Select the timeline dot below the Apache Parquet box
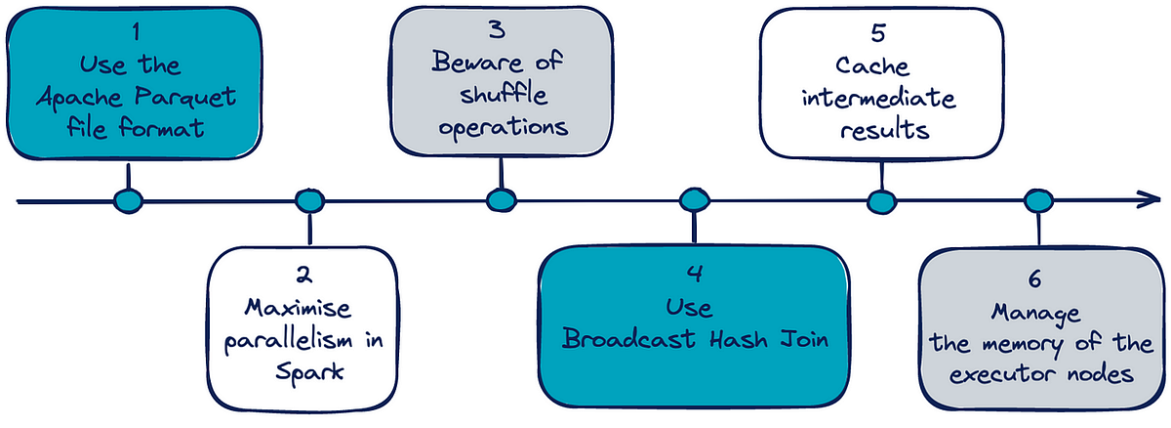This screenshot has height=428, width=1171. [x=128, y=201]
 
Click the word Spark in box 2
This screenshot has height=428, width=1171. [x=308, y=375]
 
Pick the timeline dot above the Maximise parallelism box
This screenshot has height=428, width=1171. [x=308, y=201]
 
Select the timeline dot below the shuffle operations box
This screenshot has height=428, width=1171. [x=501, y=201]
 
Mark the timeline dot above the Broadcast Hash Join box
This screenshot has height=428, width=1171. [x=693, y=201]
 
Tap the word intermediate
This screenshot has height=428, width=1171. [x=882, y=100]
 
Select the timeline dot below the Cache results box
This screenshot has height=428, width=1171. [x=881, y=201]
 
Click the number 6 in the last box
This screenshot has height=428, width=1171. [x=1035, y=279]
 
